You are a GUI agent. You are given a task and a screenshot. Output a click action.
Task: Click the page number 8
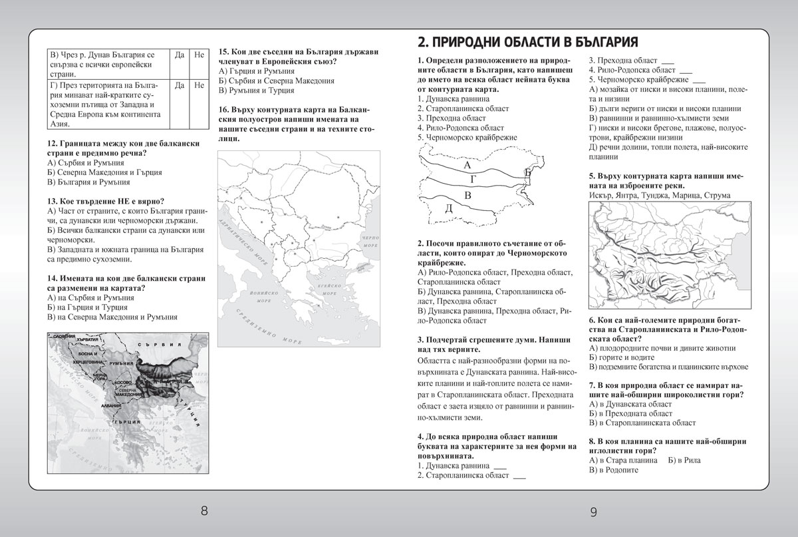click(204, 511)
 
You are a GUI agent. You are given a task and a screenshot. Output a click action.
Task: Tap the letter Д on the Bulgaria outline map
click(448, 208)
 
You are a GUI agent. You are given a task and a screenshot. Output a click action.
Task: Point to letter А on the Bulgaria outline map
click(467, 164)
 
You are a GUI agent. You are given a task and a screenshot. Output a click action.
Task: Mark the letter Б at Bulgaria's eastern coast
click(527, 173)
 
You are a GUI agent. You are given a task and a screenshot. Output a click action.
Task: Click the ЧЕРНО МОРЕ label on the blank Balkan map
click(368, 240)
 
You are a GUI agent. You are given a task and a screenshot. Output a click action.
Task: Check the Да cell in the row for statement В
click(178, 54)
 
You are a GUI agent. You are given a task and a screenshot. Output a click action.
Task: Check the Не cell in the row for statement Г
click(199, 85)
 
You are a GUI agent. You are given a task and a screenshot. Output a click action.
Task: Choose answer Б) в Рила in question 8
click(684, 459)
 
